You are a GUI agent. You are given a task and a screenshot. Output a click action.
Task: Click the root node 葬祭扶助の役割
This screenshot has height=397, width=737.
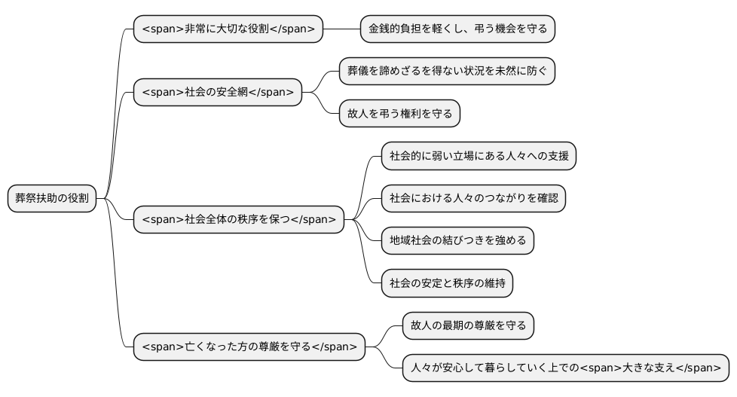click(x=52, y=199)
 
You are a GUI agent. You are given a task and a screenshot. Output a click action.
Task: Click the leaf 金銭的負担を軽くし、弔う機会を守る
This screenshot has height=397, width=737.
click(x=457, y=29)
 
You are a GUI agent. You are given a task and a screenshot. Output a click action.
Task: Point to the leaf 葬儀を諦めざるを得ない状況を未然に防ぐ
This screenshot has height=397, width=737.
click(x=447, y=72)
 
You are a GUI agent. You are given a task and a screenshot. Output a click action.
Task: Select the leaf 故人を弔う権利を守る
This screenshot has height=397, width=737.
click(x=399, y=114)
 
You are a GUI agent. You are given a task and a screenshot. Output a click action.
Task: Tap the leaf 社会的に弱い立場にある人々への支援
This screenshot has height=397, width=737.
click(x=479, y=157)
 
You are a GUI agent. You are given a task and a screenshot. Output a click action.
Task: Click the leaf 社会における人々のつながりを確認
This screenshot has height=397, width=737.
click(x=473, y=199)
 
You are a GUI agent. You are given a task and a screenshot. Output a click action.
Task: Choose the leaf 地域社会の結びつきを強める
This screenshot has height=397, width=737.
click(x=457, y=241)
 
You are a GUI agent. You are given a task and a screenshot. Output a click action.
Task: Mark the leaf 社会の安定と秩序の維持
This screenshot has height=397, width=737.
click(x=447, y=284)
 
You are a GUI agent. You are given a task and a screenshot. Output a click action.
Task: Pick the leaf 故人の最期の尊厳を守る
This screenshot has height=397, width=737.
click(x=468, y=326)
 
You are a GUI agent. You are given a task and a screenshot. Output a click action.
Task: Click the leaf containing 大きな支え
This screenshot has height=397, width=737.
click(x=565, y=368)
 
